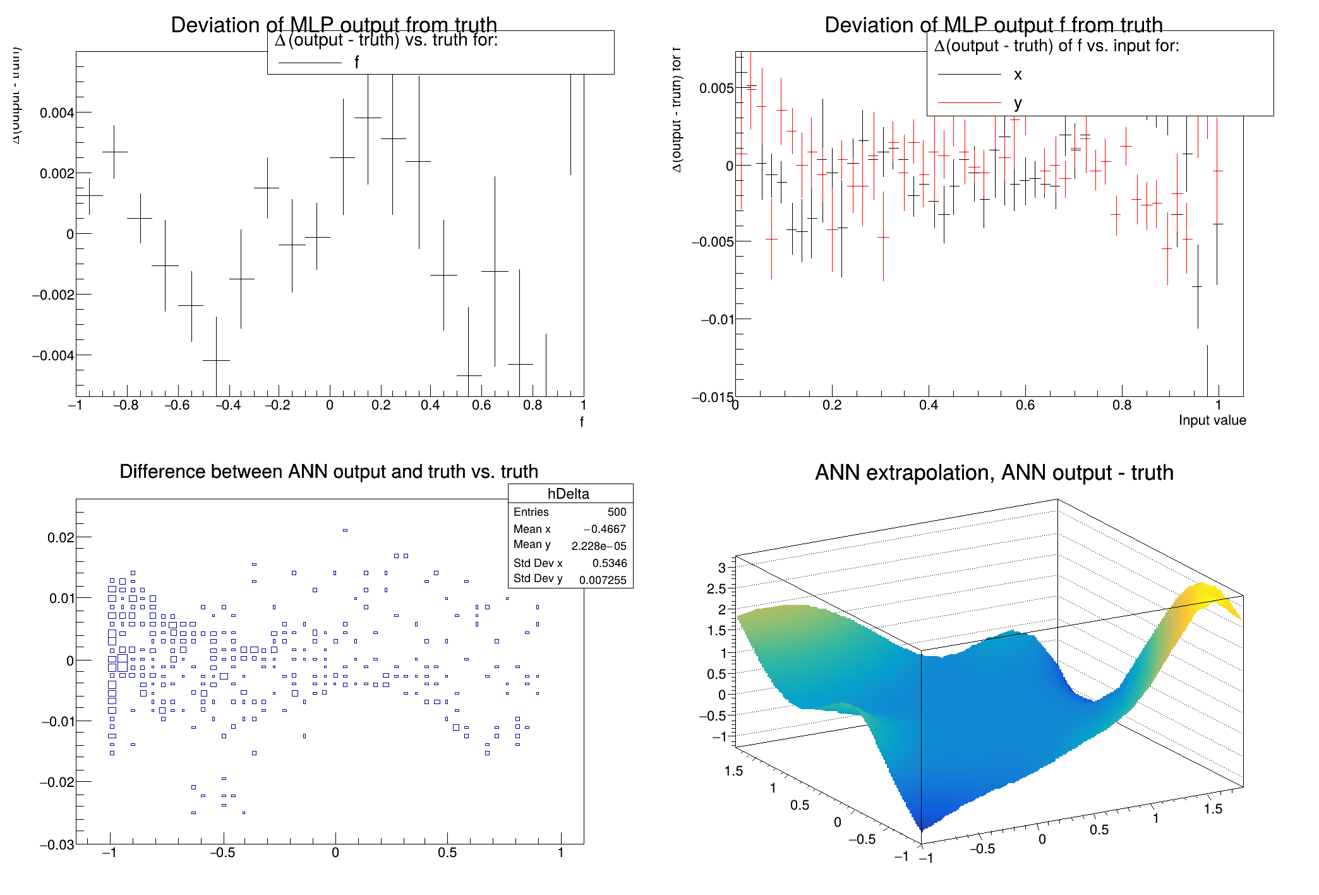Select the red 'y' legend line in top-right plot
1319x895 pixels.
point(970,102)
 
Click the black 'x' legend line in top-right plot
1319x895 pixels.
point(970,75)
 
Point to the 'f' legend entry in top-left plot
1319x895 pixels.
point(356,63)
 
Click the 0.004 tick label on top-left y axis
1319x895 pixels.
point(57,113)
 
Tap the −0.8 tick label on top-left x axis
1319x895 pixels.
point(126,405)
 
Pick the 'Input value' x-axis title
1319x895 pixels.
point(1212,420)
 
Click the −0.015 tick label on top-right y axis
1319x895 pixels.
point(713,397)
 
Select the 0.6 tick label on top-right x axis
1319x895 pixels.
point(1025,405)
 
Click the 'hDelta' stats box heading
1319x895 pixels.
point(568,494)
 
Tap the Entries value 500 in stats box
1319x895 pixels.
point(617,512)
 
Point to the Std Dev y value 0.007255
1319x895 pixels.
point(603,580)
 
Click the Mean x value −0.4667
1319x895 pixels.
point(605,529)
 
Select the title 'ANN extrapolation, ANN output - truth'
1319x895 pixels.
point(994,472)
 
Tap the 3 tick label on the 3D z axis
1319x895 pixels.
point(721,567)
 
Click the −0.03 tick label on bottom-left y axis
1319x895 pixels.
point(57,845)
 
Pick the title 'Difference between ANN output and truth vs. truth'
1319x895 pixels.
point(328,472)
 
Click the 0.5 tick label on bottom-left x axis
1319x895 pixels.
point(447,853)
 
